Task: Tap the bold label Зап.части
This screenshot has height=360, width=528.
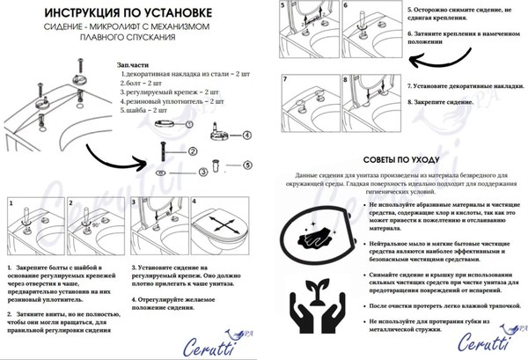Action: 134,66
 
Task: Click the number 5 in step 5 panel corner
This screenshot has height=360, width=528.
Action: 283,6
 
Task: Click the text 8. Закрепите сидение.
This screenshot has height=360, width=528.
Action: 439,101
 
